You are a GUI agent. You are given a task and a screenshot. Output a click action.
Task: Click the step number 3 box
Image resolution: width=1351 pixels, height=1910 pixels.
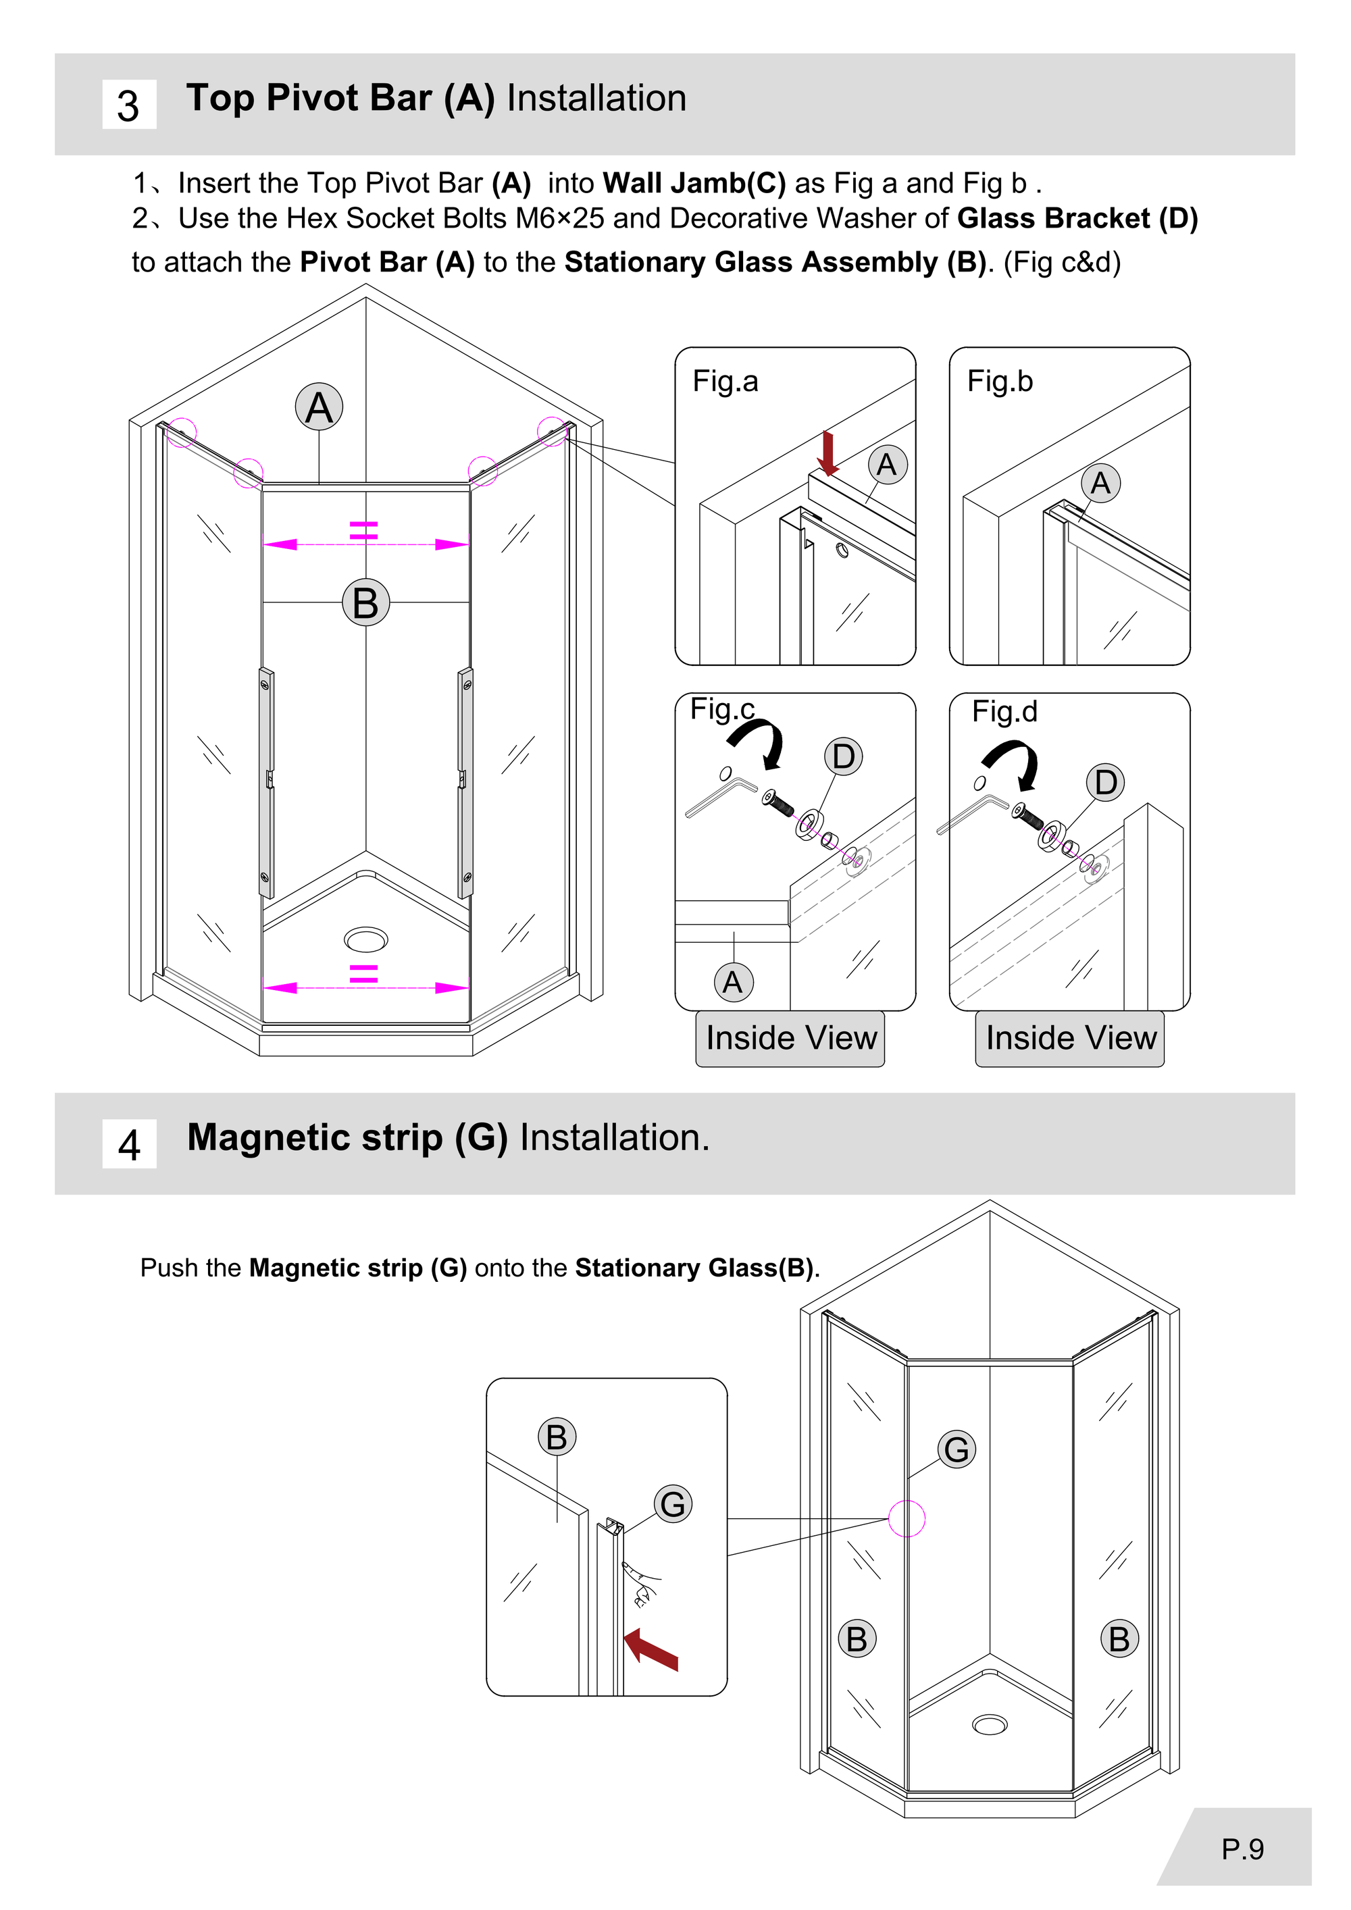129,105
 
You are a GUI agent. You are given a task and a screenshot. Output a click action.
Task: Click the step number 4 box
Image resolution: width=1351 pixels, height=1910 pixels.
129,1144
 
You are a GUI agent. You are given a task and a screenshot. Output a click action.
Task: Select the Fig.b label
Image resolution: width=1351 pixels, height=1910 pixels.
999,381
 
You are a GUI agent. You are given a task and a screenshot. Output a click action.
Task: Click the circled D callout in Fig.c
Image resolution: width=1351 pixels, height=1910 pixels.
843,756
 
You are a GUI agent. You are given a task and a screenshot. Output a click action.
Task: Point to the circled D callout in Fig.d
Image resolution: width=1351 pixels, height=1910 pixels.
1106,782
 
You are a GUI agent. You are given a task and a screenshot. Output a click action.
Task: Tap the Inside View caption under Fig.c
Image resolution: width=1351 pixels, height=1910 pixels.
791,1038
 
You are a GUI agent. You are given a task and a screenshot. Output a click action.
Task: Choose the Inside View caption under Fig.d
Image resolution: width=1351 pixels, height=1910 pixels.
1071,1038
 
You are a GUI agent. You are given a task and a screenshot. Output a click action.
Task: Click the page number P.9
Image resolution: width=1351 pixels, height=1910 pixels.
1242,1849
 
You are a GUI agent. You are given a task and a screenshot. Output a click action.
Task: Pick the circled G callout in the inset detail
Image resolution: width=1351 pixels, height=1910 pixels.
673,1504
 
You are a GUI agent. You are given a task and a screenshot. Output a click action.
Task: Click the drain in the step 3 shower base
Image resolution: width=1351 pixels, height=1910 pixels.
366,940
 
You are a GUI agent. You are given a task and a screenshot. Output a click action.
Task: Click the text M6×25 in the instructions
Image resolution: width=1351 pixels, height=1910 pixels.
560,218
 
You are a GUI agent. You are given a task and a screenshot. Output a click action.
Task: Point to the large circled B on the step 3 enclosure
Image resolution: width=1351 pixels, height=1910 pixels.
366,603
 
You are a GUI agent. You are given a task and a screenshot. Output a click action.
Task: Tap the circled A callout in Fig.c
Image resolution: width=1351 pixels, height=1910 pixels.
734,983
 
